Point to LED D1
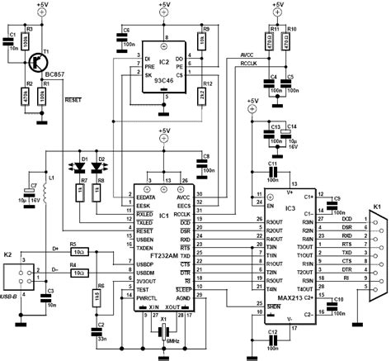tap(81, 167)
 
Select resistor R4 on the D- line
tap(75, 267)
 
